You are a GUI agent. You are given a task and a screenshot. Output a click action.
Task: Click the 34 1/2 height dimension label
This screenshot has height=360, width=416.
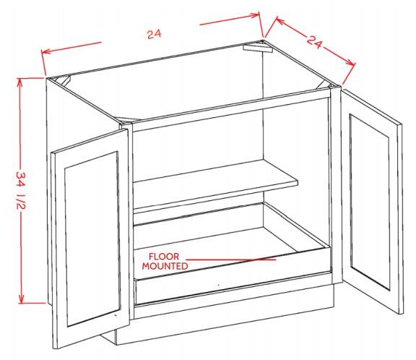[21, 190]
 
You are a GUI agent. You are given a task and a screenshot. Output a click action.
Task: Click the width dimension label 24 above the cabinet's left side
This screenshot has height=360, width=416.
[154, 34]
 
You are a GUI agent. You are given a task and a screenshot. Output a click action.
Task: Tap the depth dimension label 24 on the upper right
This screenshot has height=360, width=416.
[315, 41]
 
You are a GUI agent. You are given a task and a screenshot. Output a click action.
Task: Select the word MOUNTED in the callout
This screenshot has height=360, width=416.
[165, 266]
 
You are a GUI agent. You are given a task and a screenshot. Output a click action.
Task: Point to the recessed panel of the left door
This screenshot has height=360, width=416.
[92, 239]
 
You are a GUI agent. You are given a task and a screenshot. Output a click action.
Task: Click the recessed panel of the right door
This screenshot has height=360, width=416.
[370, 202]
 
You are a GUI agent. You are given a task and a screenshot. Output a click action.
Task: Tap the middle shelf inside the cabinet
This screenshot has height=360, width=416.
[215, 183]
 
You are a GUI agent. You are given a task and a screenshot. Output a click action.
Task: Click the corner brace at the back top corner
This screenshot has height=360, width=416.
[258, 48]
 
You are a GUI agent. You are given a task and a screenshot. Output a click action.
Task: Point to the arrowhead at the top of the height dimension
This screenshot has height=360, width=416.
[19, 82]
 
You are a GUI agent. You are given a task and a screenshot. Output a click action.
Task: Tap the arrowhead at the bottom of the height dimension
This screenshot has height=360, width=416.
[21, 299]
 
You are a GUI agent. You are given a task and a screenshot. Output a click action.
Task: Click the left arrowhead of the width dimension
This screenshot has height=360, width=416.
[45, 51]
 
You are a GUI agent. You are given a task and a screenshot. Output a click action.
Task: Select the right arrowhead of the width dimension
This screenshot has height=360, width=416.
[255, 15]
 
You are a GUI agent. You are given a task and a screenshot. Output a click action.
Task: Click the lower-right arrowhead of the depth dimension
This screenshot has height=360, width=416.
[350, 62]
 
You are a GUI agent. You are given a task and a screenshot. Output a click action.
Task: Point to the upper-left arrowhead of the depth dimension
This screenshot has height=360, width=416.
[280, 21]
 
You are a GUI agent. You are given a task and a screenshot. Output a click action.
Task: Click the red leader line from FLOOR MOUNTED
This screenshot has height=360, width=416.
[231, 260]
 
